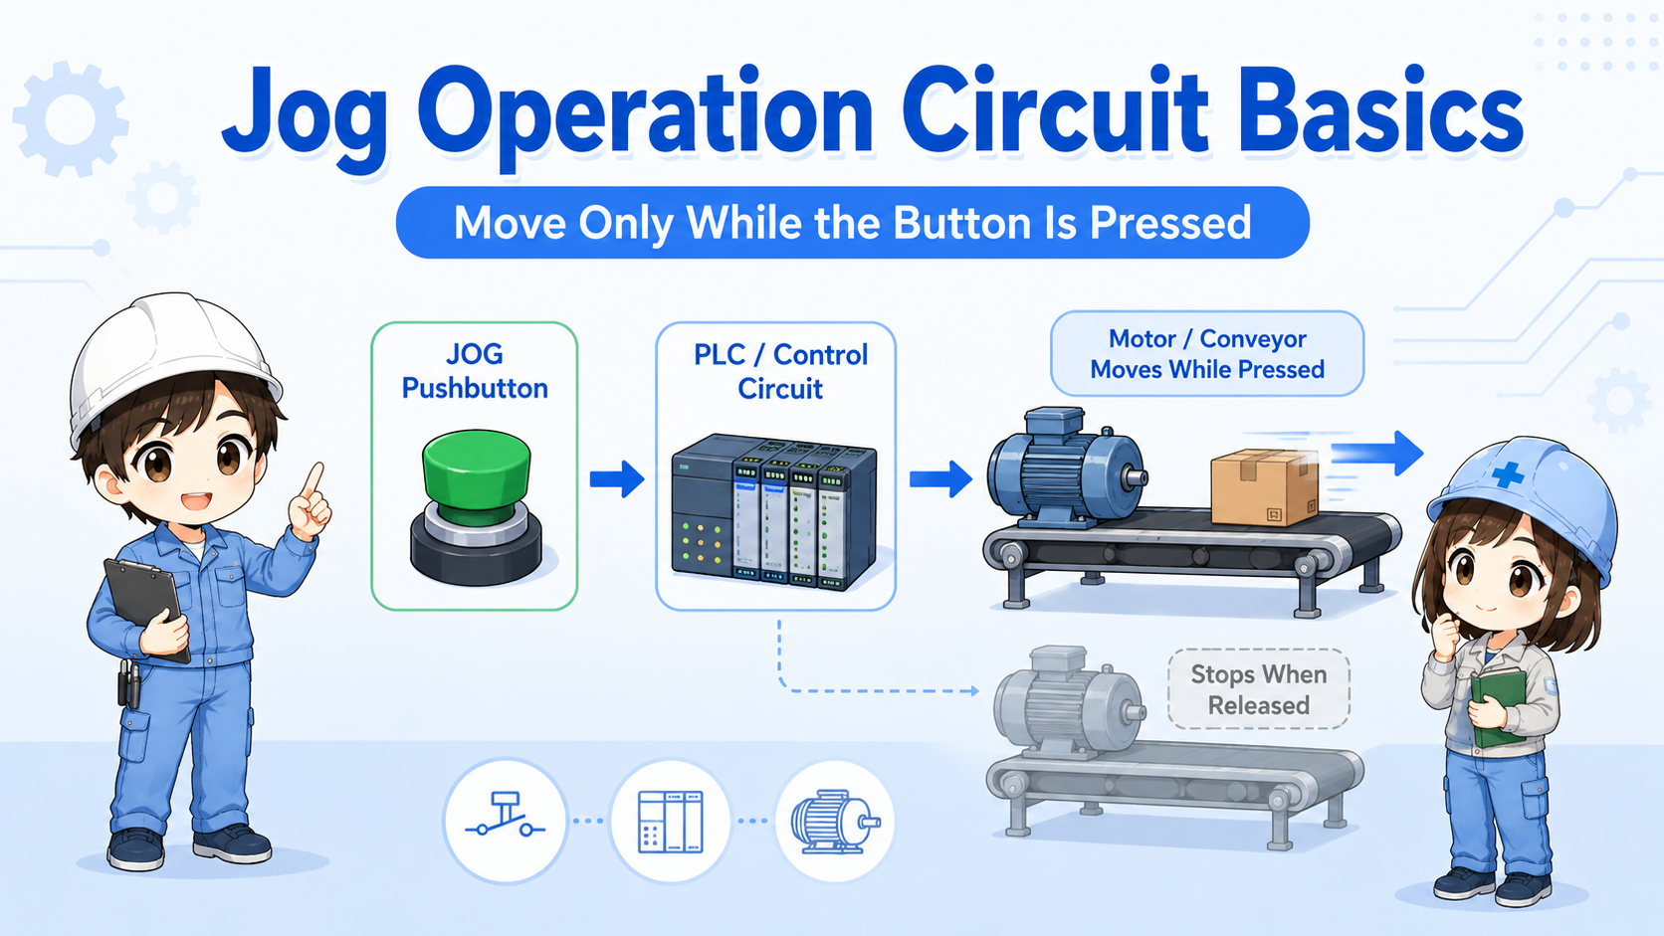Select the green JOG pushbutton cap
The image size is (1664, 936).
point(476,476)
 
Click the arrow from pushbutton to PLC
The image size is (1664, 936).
point(617,478)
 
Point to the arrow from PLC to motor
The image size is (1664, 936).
point(940,478)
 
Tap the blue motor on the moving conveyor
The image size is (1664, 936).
point(1067,467)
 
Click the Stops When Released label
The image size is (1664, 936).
point(1258,689)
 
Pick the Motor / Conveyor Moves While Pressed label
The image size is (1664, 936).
point(1207,354)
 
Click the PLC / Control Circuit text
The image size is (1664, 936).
point(780,371)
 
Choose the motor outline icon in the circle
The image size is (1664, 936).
point(835,821)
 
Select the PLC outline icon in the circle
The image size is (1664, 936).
point(670,822)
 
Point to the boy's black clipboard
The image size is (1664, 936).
point(145,605)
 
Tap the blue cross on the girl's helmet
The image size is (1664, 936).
point(1508,473)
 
